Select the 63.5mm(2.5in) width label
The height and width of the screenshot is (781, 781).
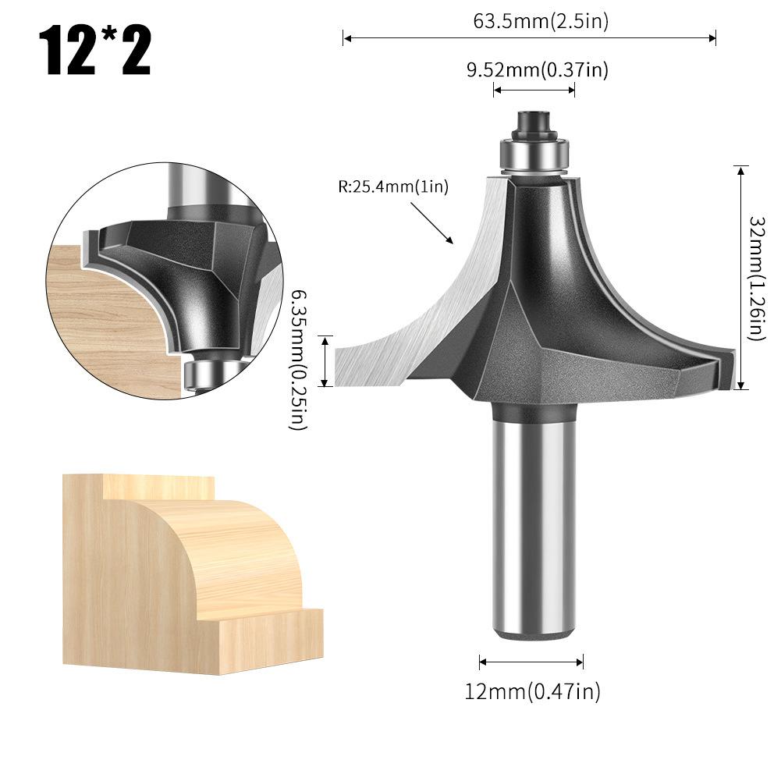(x=541, y=21)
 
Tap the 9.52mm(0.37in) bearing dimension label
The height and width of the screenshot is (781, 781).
(x=537, y=70)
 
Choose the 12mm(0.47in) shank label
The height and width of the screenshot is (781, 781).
(x=534, y=690)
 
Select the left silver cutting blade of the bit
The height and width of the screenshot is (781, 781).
(x=421, y=328)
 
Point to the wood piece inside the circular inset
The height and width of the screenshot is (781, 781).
(x=109, y=312)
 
